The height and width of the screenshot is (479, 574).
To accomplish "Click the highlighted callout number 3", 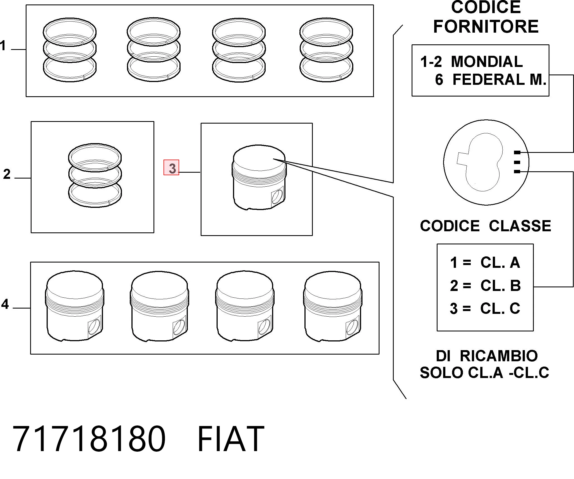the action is coord(171,168).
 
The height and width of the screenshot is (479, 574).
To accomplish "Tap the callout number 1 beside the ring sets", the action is coord(3,45).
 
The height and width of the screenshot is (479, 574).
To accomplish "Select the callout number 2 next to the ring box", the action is coord(7,174).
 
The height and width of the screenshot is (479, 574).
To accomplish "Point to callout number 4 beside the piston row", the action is coord(5,304).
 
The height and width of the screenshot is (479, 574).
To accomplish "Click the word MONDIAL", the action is coord(487,62).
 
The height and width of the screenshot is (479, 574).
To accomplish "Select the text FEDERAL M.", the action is coord(499,80).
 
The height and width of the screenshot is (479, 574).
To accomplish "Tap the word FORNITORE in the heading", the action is coord(486,27).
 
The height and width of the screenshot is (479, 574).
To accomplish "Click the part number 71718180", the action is coord(89,439).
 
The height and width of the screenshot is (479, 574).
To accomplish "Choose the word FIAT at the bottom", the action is coord(230,439).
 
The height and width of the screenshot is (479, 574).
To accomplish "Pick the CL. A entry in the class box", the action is coord(500,263).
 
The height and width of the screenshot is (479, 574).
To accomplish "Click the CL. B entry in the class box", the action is coord(500,286).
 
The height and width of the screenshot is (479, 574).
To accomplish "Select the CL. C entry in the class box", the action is coord(500,309).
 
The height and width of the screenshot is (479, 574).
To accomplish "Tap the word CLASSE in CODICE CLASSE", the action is coord(520,226).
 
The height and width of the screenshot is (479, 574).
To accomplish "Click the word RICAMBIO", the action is coord(498,356).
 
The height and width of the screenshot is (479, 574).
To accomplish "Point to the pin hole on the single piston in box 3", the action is coord(277,196).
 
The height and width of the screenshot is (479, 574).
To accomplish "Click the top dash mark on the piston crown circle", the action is coord(517,153).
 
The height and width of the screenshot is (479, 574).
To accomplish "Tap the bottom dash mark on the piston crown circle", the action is coord(517,172).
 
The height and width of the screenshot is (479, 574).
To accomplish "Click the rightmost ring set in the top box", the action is coord(326,50).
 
